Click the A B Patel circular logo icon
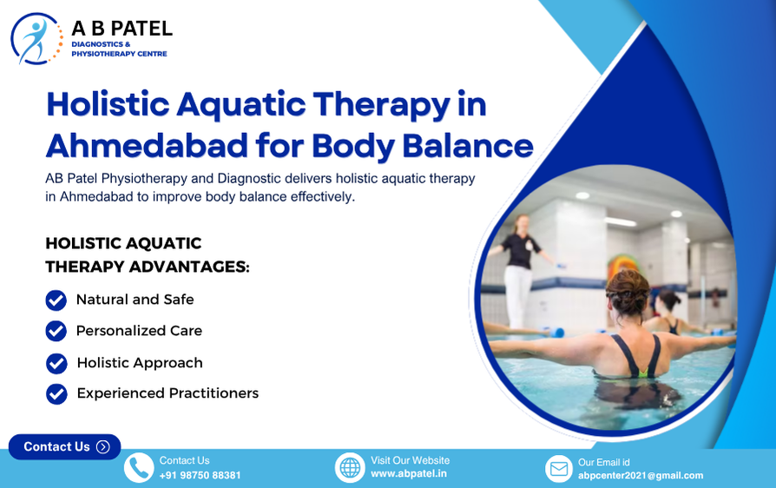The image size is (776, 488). (x=36, y=38)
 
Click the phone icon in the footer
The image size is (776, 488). (x=139, y=468)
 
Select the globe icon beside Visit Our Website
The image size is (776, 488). (x=350, y=468)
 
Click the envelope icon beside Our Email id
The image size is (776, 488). (x=559, y=469)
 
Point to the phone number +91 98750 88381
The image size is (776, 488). (x=200, y=476)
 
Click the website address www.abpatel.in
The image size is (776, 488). (x=409, y=474)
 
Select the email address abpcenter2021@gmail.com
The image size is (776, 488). (x=641, y=476)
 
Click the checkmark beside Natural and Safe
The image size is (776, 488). (x=56, y=300)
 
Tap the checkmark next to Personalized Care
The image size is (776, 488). (x=56, y=331)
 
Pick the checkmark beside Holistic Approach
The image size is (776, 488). (x=56, y=363)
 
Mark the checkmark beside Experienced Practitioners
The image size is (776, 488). (x=56, y=393)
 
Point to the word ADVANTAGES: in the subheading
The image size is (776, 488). (x=185, y=267)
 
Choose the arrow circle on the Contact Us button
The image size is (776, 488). (x=103, y=446)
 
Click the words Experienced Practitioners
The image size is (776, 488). (x=168, y=393)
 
